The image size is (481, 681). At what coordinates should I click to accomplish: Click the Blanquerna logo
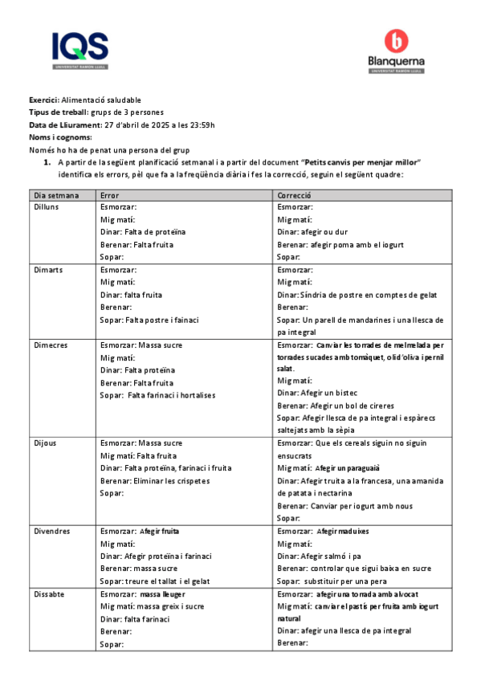tap(397, 52)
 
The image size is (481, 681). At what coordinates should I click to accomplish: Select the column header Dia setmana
tap(56, 195)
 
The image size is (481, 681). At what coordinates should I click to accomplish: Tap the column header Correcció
tap(294, 195)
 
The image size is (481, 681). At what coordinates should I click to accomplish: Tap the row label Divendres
tap(52, 532)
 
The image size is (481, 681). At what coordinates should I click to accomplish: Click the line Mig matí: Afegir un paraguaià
tap(328, 468)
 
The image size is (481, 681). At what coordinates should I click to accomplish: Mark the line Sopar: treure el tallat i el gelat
tap(154, 581)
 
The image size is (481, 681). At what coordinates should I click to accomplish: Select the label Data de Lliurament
tap(66, 124)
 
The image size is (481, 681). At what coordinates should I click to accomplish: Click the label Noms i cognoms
tap(61, 137)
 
